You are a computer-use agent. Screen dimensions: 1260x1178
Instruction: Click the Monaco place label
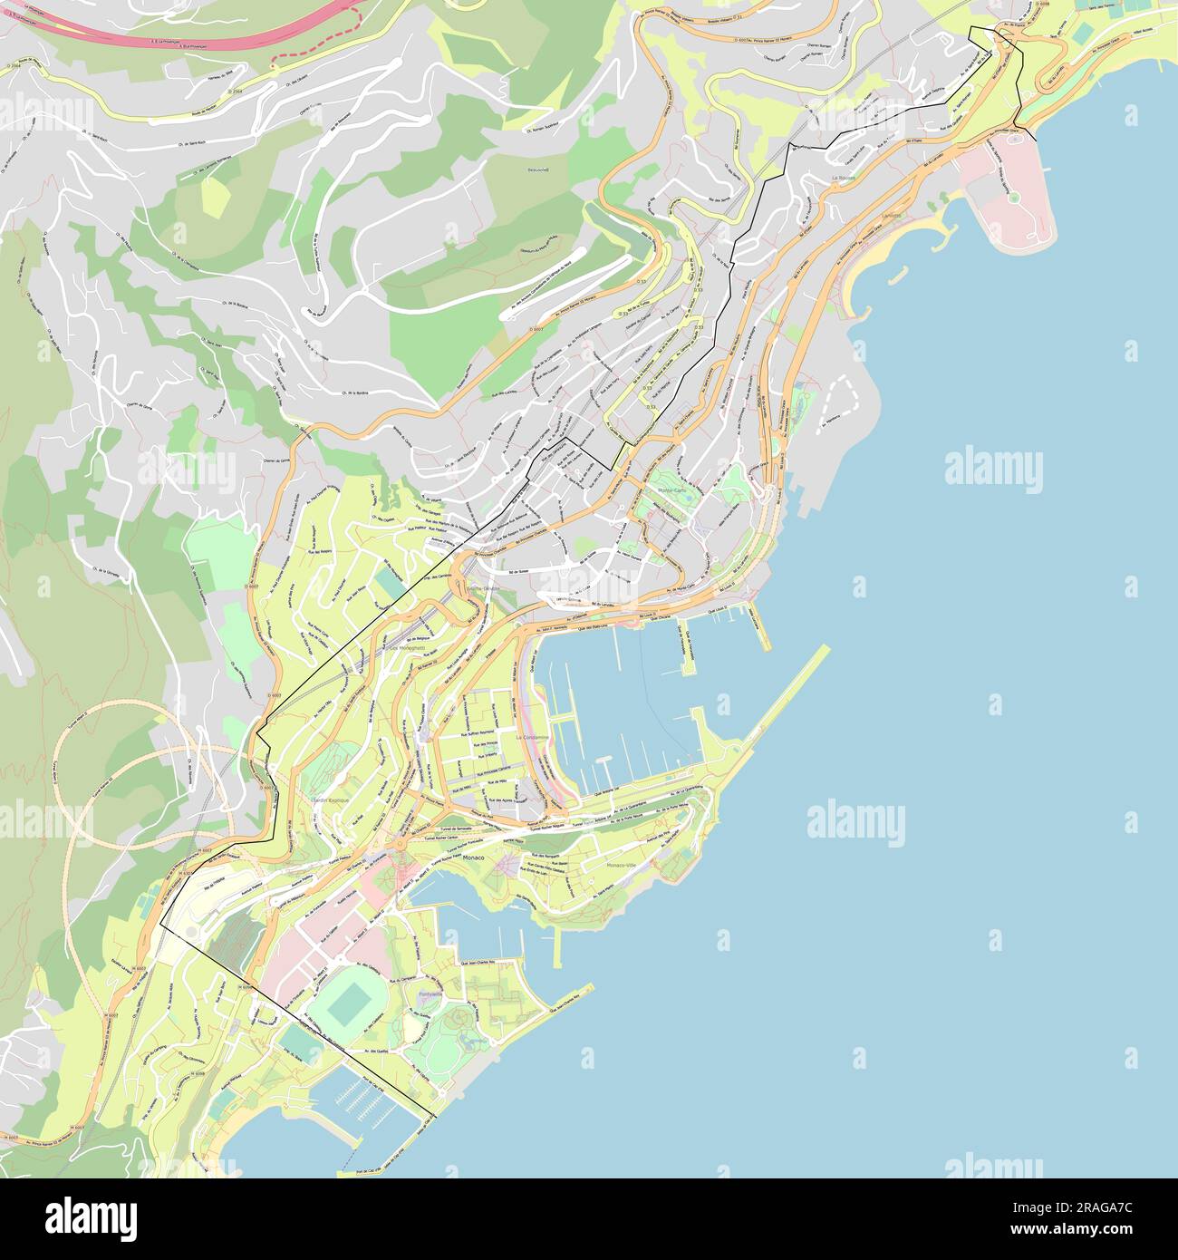(x=474, y=857)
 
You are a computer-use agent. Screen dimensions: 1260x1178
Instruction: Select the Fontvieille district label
(x=430, y=994)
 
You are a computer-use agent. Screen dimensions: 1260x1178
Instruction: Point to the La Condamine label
(x=531, y=738)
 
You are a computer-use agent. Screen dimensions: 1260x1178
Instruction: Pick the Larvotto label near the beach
(x=893, y=217)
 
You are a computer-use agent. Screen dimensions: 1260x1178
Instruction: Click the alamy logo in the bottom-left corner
(x=91, y=1216)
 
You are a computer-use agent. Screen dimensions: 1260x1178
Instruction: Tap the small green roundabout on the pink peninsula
(x=1012, y=197)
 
